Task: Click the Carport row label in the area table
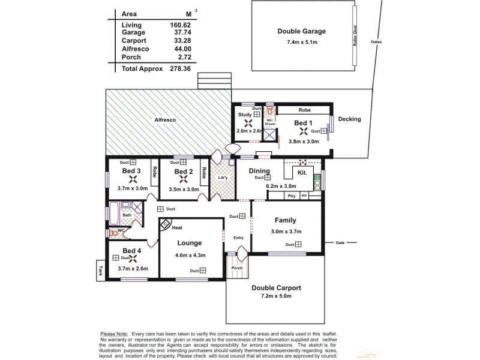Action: (134, 40)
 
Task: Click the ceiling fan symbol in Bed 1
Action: (303, 132)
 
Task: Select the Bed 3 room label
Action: (131, 171)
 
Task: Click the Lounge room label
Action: (189, 243)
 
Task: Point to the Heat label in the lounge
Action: (177, 228)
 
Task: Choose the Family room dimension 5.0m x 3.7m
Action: (286, 231)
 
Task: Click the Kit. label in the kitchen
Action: (302, 173)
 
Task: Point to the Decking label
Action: (349, 119)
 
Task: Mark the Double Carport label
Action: (276, 287)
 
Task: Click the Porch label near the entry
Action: (238, 268)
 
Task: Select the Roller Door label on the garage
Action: (355, 43)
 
